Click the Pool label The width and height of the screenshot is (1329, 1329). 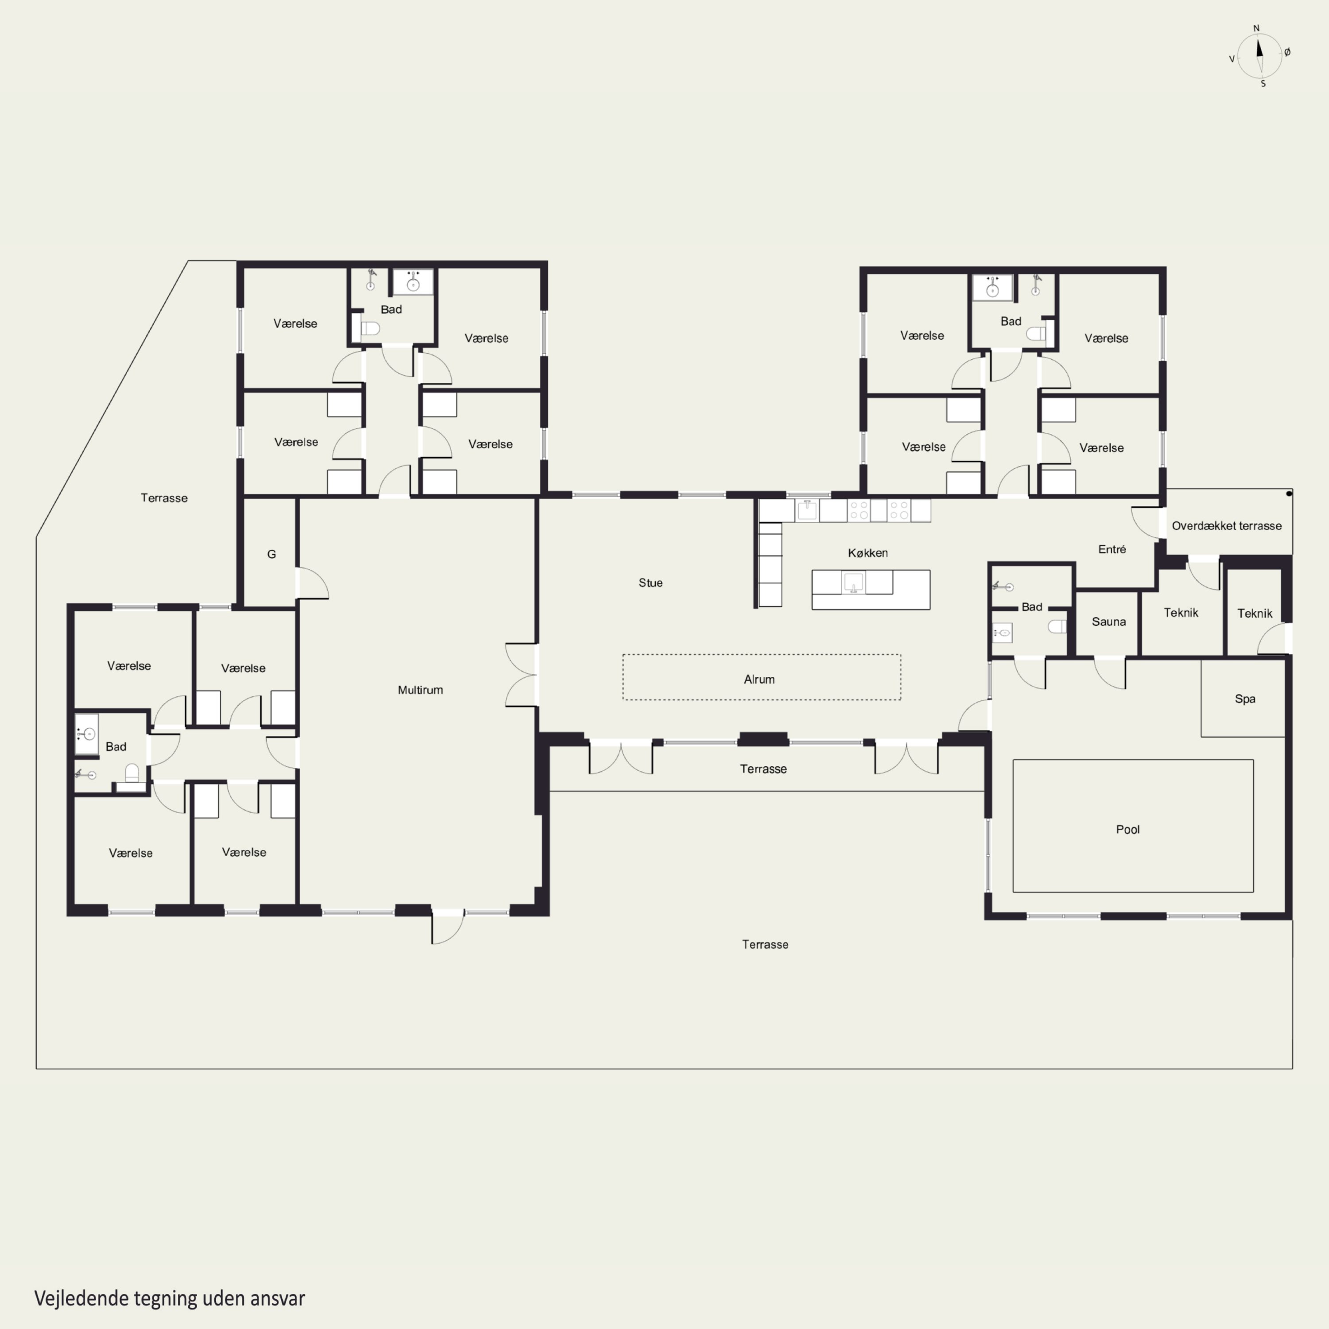(1127, 830)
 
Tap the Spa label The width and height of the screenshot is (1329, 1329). (1245, 699)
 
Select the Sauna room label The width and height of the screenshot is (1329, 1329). (1109, 622)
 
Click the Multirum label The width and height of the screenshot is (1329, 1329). (420, 690)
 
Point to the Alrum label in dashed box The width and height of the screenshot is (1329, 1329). (759, 680)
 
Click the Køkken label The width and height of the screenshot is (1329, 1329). (867, 553)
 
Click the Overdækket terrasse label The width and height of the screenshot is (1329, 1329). (1227, 526)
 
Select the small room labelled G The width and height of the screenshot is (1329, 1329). (272, 555)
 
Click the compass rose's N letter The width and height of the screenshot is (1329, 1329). (1256, 29)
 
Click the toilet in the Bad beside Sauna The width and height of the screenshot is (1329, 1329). (1057, 626)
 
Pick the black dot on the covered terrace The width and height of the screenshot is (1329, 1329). (1289, 494)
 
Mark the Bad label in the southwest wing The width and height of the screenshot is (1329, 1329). (116, 747)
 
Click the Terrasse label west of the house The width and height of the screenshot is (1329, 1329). (164, 498)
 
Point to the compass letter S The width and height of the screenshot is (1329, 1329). (1263, 84)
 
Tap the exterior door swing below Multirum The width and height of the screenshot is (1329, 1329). (447, 929)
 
